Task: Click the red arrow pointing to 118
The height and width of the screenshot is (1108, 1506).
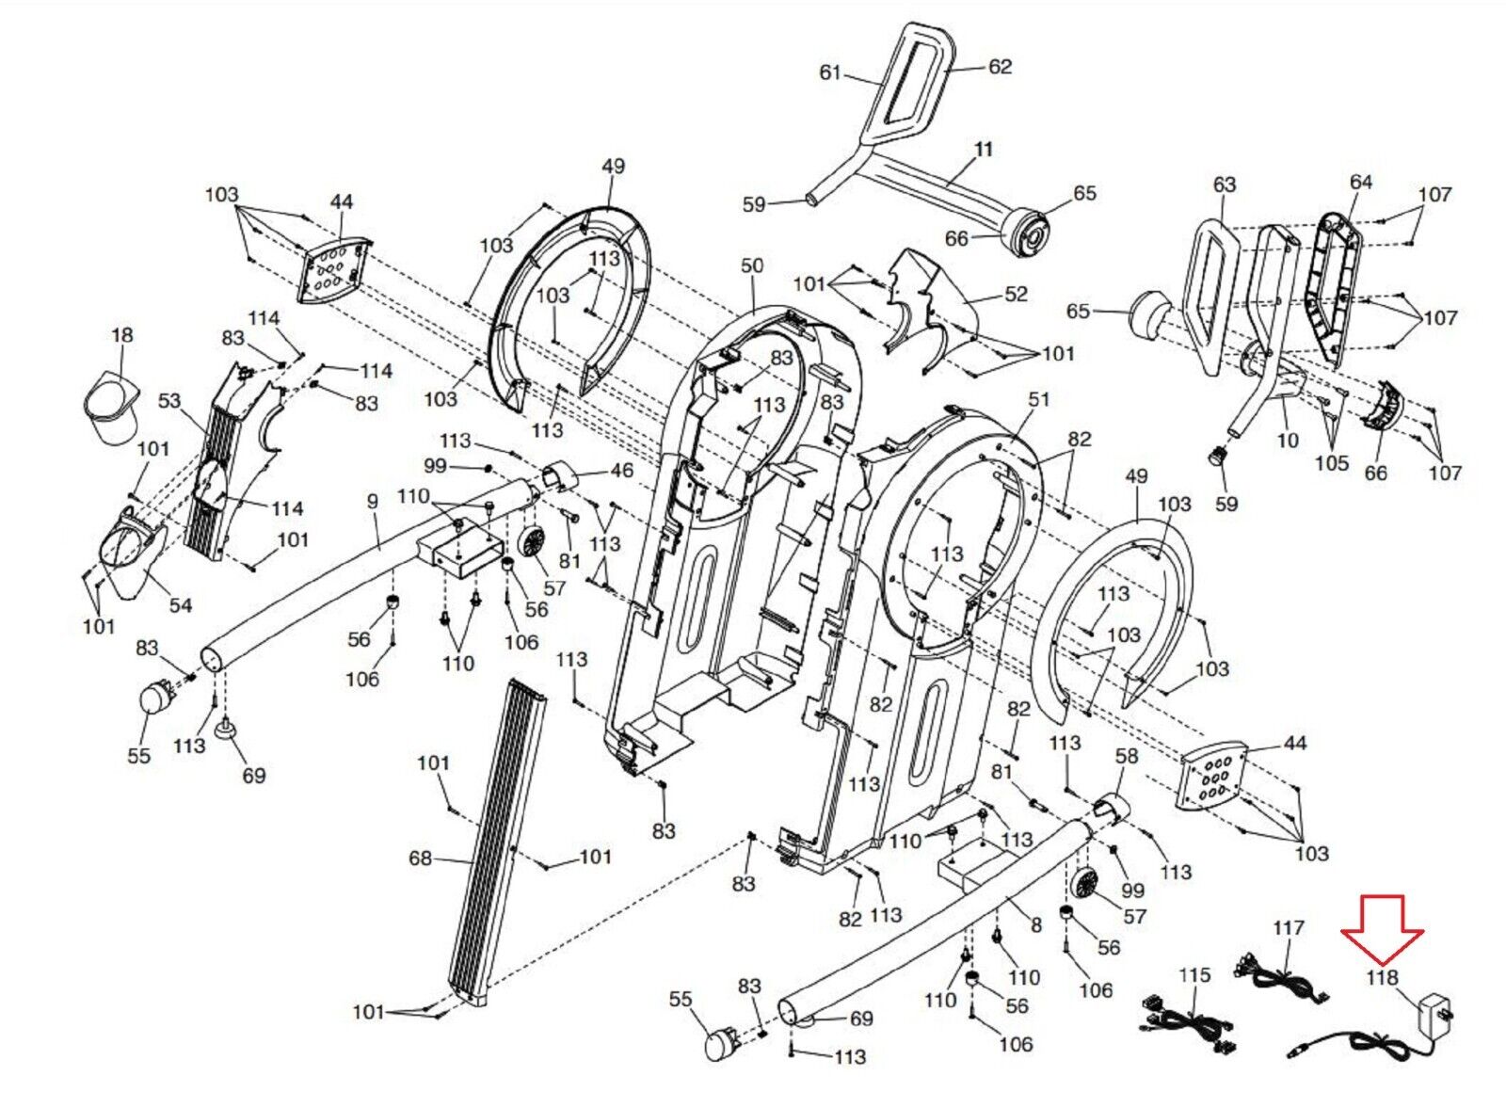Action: point(1383,936)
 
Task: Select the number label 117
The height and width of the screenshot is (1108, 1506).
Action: point(1289,928)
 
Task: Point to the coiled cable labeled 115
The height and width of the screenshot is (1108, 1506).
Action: point(1189,1024)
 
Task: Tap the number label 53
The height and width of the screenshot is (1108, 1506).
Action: point(169,401)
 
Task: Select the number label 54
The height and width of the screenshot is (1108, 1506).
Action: point(180,605)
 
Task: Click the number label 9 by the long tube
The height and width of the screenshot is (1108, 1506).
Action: point(373,501)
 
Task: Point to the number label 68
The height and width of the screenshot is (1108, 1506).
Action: point(421,859)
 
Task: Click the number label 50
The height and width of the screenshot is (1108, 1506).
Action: point(752,265)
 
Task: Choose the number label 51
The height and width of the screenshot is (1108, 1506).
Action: point(1039,399)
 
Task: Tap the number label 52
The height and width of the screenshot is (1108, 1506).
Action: point(1016,295)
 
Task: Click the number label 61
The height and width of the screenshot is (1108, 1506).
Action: point(831,72)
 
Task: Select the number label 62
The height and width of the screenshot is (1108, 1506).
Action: point(1000,67)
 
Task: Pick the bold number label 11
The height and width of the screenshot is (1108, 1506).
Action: point(984,149)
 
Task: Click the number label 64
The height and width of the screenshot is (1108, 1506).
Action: point(1361,182)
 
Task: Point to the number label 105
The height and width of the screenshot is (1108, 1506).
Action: point(1332,463)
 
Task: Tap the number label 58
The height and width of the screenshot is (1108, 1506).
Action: point(1127,756)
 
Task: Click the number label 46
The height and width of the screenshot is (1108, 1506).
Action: point(622,470)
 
